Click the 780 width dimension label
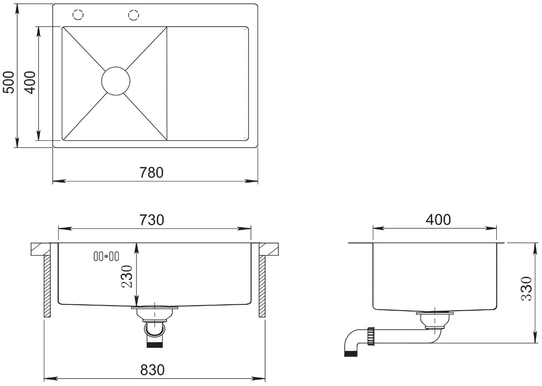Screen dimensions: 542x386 click(151, 173)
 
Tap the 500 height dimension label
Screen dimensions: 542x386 click(8, 82)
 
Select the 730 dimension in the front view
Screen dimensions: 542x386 click(151, 220)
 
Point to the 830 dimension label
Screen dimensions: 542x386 click(152, 370)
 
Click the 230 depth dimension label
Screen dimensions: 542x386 click(127, 276)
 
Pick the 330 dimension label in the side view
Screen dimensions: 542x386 click(526, 288)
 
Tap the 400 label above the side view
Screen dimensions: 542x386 click(438, 220)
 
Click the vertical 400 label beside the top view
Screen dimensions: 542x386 click(30, 83)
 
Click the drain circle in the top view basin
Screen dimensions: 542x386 click(116, 67)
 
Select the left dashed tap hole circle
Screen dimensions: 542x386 click(78, 10)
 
